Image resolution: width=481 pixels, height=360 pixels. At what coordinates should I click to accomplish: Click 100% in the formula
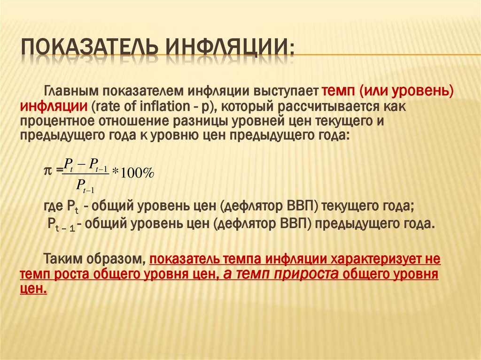click(136, 173)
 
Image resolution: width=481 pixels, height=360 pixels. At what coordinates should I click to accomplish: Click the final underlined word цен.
click(33, 289)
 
